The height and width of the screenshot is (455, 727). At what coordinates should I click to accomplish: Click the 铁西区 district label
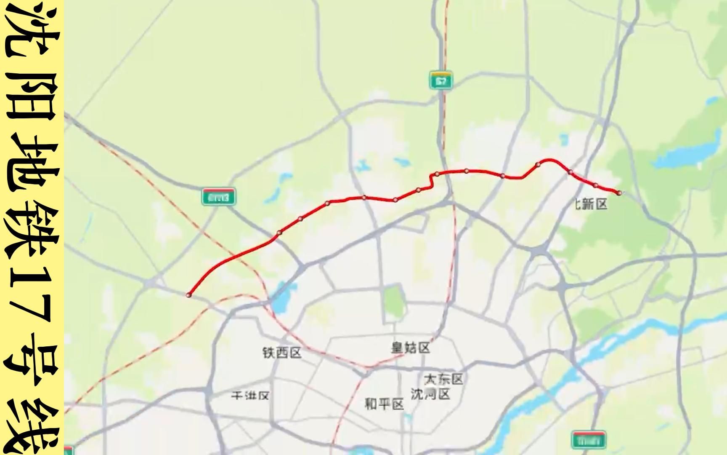[282, 353]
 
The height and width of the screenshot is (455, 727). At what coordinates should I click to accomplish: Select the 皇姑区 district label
[411, 348]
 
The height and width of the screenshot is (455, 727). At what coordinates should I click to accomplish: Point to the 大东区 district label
[443, 379]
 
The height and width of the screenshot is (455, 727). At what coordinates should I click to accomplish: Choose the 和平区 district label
[384, 404]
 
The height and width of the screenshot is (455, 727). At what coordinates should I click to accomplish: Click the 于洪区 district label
[250, 396]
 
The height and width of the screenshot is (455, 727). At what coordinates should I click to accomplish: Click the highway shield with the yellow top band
[441, 80]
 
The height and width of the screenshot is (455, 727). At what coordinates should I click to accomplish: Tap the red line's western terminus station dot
[189, 295]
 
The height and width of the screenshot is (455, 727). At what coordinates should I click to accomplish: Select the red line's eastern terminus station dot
[619, 193]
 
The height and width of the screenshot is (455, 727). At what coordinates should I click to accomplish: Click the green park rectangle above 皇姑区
[393, 301]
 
